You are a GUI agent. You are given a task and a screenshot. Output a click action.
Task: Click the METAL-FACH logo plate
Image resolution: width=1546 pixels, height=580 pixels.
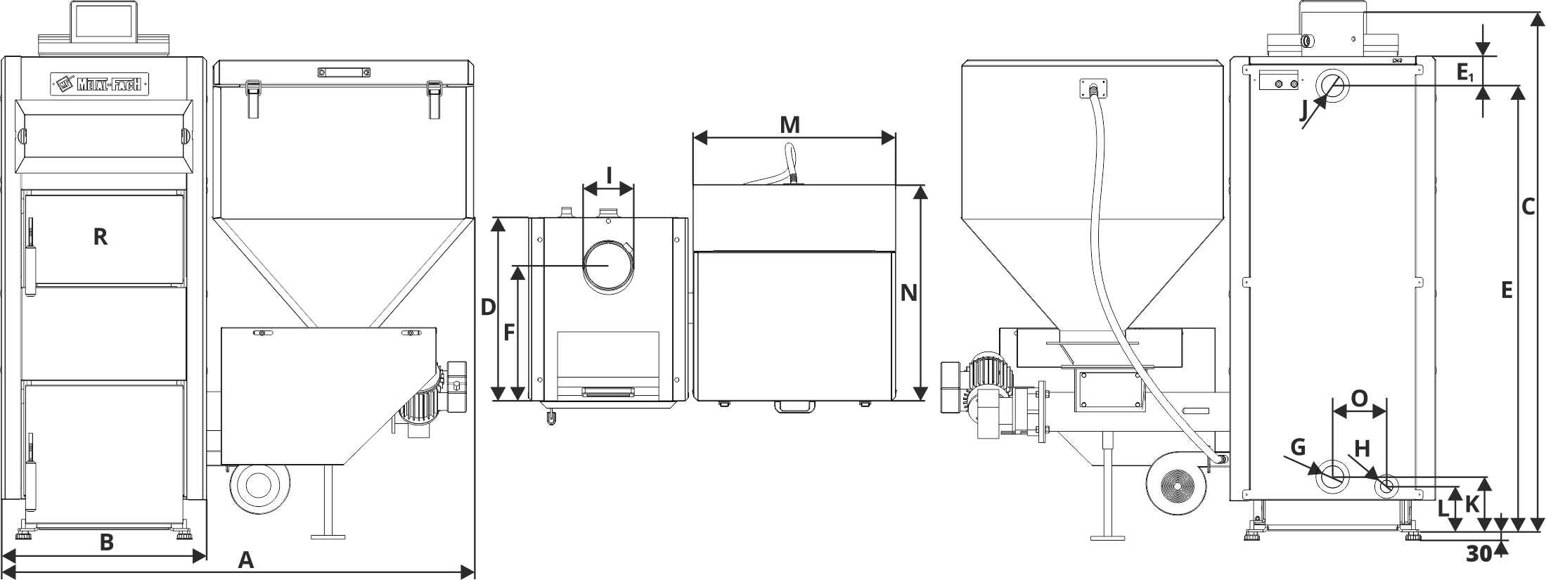100,84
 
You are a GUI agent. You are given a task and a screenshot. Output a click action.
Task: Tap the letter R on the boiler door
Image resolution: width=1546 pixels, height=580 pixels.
101,237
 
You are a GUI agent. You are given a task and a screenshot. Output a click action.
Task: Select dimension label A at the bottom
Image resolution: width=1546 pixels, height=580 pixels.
245,560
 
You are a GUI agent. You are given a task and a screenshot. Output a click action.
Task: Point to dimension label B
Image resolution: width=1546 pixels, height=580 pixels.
106,542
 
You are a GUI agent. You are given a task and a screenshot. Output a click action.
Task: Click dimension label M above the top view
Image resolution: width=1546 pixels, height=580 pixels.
790,125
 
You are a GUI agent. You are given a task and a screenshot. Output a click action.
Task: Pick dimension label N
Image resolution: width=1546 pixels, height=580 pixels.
909,292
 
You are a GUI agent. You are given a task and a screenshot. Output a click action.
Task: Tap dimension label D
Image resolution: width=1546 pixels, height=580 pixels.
489,307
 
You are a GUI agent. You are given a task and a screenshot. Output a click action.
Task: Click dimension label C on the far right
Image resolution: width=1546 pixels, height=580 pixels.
1527,207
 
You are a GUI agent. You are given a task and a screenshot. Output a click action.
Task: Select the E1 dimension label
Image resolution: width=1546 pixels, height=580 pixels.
1465,72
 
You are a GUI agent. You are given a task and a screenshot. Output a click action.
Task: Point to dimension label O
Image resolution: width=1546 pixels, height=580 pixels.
1360,399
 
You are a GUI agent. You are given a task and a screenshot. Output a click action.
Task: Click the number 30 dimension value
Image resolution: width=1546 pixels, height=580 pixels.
1479,554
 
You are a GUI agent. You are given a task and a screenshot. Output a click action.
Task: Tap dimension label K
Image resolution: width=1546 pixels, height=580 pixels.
1472,503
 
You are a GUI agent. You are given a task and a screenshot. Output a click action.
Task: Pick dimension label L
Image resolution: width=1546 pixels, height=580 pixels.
1443,508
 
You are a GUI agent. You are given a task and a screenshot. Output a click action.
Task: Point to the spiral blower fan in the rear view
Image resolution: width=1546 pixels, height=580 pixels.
1175,485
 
